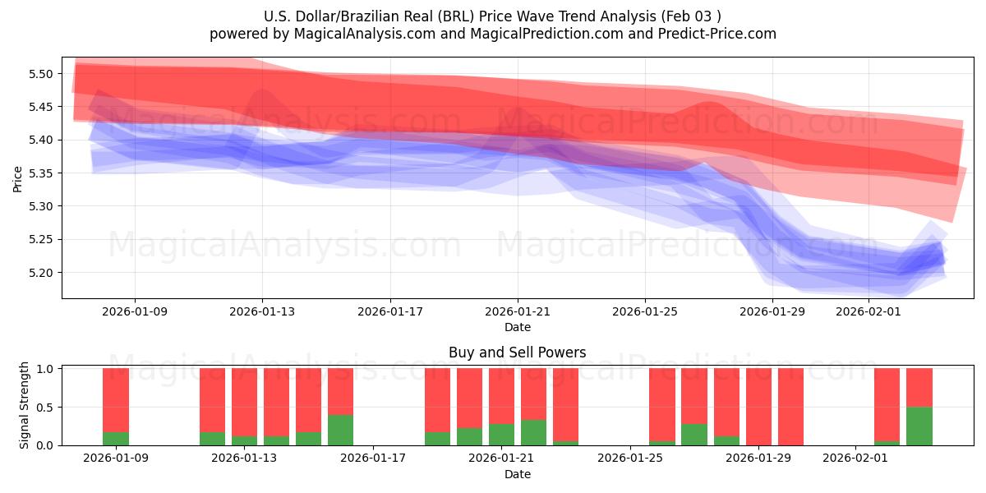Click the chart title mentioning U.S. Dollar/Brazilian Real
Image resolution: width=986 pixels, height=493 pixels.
click(x=493, y=16)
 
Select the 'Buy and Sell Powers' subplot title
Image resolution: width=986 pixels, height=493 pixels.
click(x=517, y=352)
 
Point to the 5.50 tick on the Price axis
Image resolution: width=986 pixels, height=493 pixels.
click(x=40, y=74)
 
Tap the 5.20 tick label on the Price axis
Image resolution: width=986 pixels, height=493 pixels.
click(x=40, y=273)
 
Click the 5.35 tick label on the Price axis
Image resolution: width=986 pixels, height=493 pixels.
click(x=40, y=173)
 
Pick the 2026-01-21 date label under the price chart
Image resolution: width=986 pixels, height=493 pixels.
click(x=517, y=311)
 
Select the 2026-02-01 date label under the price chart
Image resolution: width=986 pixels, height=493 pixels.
click(x=869, y=311)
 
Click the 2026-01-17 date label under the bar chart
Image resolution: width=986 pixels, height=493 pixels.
click(x=373, y=458)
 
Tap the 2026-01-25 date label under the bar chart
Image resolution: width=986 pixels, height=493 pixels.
click(x=629, y=458)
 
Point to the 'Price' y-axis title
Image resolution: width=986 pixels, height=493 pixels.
click(x=18, y=178)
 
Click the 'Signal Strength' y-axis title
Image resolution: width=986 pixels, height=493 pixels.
click(x=25, y=405)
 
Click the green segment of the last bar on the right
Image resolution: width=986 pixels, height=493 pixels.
click(x=919, y=426)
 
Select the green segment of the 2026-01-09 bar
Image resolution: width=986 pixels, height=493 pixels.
click(x=116, y=439)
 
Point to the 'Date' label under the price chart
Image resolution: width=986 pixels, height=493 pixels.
click(x=517, y=327)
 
